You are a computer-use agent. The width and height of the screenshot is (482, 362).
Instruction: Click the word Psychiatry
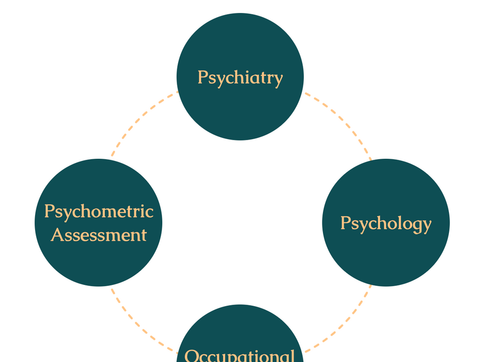pos(240,78)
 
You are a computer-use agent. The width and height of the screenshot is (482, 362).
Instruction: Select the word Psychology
pos(386,223)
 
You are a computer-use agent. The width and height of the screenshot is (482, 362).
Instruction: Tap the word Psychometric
pos(99,212)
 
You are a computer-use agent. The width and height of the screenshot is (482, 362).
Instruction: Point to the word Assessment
pos(99,235)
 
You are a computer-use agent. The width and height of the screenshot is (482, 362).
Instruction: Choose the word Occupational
pos(240,356)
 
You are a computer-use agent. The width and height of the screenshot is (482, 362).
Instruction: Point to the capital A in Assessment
pos(57,235)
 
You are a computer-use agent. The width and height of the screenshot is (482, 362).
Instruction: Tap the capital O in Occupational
pos(191,356)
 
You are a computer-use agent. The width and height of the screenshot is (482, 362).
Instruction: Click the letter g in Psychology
pos(415,227)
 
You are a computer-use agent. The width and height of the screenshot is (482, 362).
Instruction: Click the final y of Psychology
pos(427,227)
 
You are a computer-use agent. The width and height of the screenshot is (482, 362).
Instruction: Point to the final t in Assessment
pos(144,236)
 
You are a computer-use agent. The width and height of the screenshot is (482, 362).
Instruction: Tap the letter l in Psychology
pos(397,222)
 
